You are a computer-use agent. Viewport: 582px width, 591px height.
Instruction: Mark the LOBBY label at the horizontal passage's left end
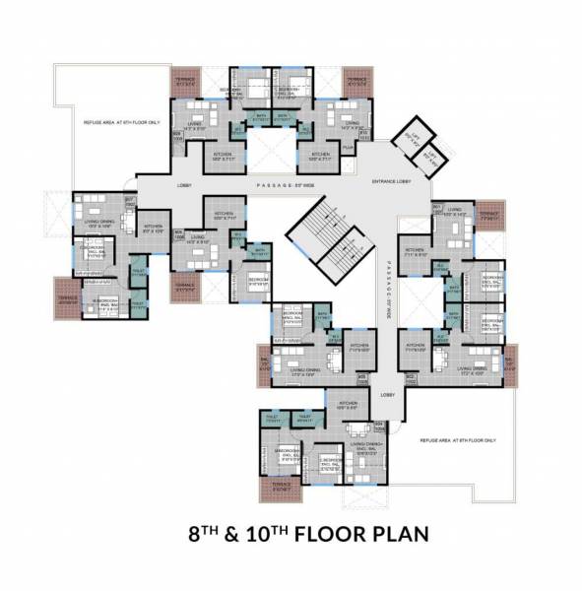click(x=185, y=185)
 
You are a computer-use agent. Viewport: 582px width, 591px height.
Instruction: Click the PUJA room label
click(x=348, y=147)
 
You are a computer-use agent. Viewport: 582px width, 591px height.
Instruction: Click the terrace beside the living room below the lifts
click(x=488, y=213)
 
